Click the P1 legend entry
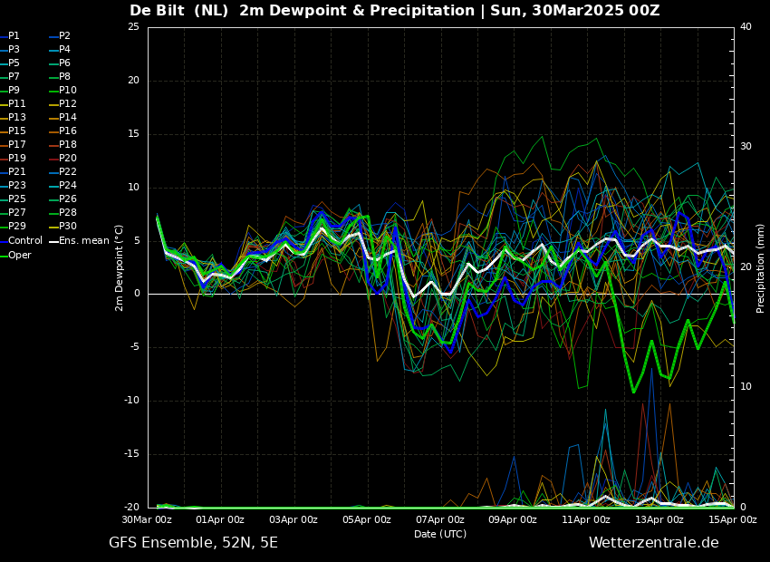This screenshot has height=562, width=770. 10,36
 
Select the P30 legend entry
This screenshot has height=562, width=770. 63,226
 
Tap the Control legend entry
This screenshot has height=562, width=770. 22,241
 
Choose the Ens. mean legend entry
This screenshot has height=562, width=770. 80,241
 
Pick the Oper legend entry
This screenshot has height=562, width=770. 15,255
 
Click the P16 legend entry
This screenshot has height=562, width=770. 63,131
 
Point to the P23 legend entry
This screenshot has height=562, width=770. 13,185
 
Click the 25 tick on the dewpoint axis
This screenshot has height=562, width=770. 133,26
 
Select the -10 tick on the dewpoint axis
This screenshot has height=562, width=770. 131,401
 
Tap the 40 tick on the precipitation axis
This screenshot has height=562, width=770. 746,26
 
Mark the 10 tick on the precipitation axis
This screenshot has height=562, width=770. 746,387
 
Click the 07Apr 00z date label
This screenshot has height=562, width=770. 440,519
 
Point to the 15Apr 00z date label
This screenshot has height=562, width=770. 733,519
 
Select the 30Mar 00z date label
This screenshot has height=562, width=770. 148,519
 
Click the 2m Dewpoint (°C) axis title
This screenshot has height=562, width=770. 119,268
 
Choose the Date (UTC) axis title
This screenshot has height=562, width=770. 440,534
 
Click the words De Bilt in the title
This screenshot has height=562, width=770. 158,10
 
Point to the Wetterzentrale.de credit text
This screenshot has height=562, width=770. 654,543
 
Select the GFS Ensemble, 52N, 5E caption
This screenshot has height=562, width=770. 194,543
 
